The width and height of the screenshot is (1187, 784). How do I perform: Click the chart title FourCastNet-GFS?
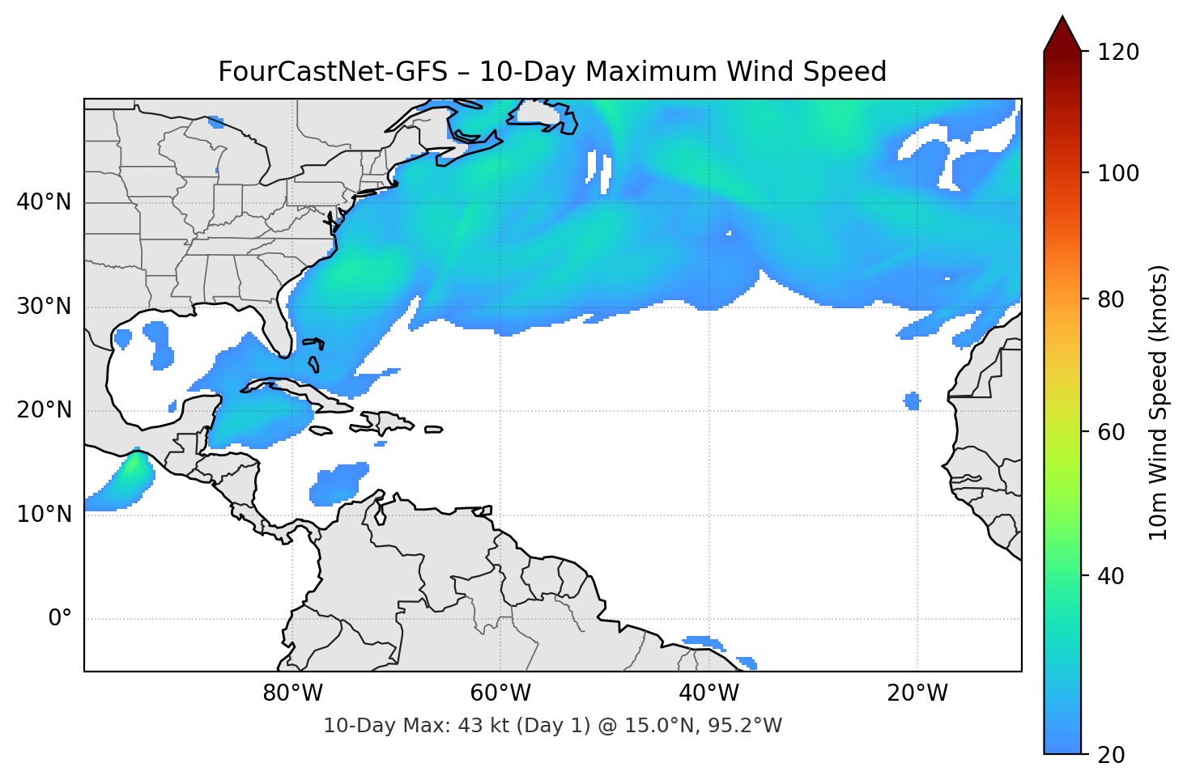click(552, 72)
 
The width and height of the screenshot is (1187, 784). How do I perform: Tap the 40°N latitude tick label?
click(44, 202)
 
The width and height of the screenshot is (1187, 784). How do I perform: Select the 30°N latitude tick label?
click(44, 307)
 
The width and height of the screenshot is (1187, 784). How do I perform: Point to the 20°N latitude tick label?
click(44, 410)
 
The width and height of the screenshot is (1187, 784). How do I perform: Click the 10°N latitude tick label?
click(44, 515)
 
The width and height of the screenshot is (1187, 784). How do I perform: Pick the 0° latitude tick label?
click(60, 619)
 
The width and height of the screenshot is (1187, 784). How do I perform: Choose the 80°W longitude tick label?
click(292, 693)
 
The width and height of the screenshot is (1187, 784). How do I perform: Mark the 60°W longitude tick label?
click(500, 693)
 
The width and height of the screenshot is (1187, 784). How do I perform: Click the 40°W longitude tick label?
click(708, 693)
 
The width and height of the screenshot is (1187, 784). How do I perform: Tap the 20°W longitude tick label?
click(917, 693)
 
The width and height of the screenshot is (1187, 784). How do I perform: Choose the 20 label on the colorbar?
click(1111, 755)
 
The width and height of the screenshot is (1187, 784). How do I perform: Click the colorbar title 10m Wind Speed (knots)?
click(1159, 402)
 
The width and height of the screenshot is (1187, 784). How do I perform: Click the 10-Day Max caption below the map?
click(552, 726)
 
